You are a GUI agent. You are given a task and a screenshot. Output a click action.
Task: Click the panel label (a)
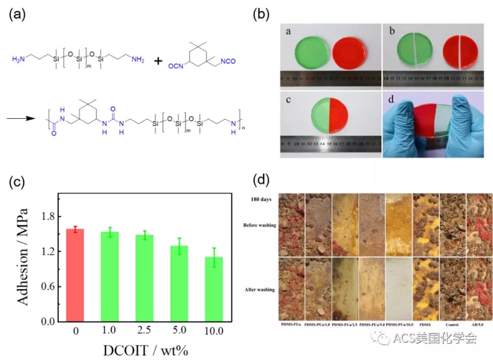pos(17,14)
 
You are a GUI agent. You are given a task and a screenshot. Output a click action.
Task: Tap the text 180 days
pos(262,199)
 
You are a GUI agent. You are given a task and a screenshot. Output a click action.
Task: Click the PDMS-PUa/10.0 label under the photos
pos(399,325)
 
